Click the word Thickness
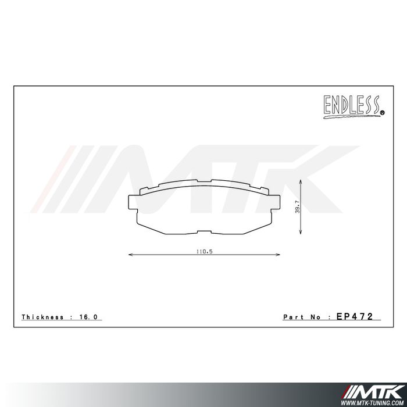pos(43,317)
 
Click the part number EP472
pos(358,317)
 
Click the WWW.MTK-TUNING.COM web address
pos(374,401)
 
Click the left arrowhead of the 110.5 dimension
pos(130,254)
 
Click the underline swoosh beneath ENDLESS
pos(349,116)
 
